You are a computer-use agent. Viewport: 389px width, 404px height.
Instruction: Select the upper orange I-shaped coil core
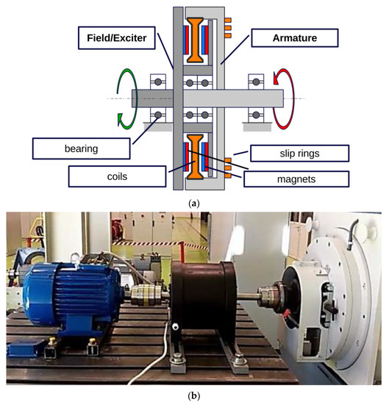pyautogui.click(x=195, y=38)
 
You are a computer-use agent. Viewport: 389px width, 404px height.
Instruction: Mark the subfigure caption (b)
pyautogui.click(x=194, y=394)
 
